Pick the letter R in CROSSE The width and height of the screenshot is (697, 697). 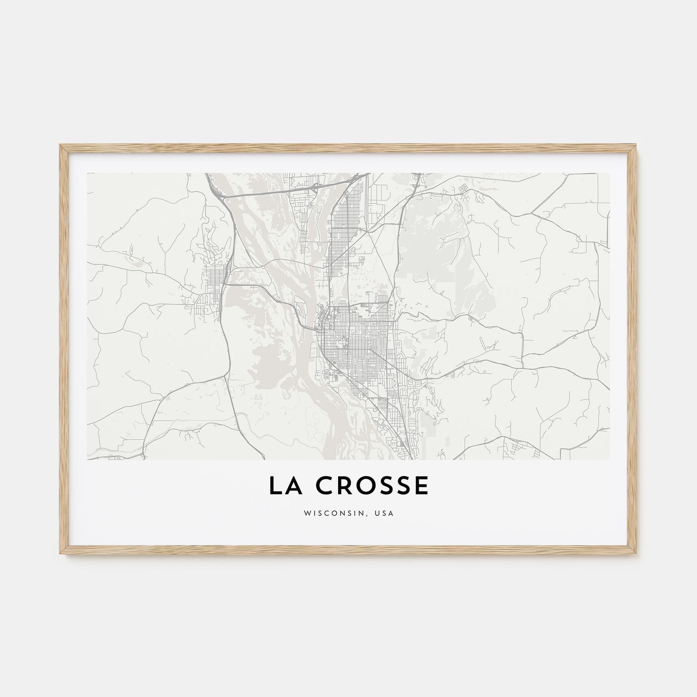(x=340, y=486)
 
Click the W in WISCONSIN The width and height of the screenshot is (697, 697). (x=307, y=513)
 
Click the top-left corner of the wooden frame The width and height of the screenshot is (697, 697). (x=60, y=145)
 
